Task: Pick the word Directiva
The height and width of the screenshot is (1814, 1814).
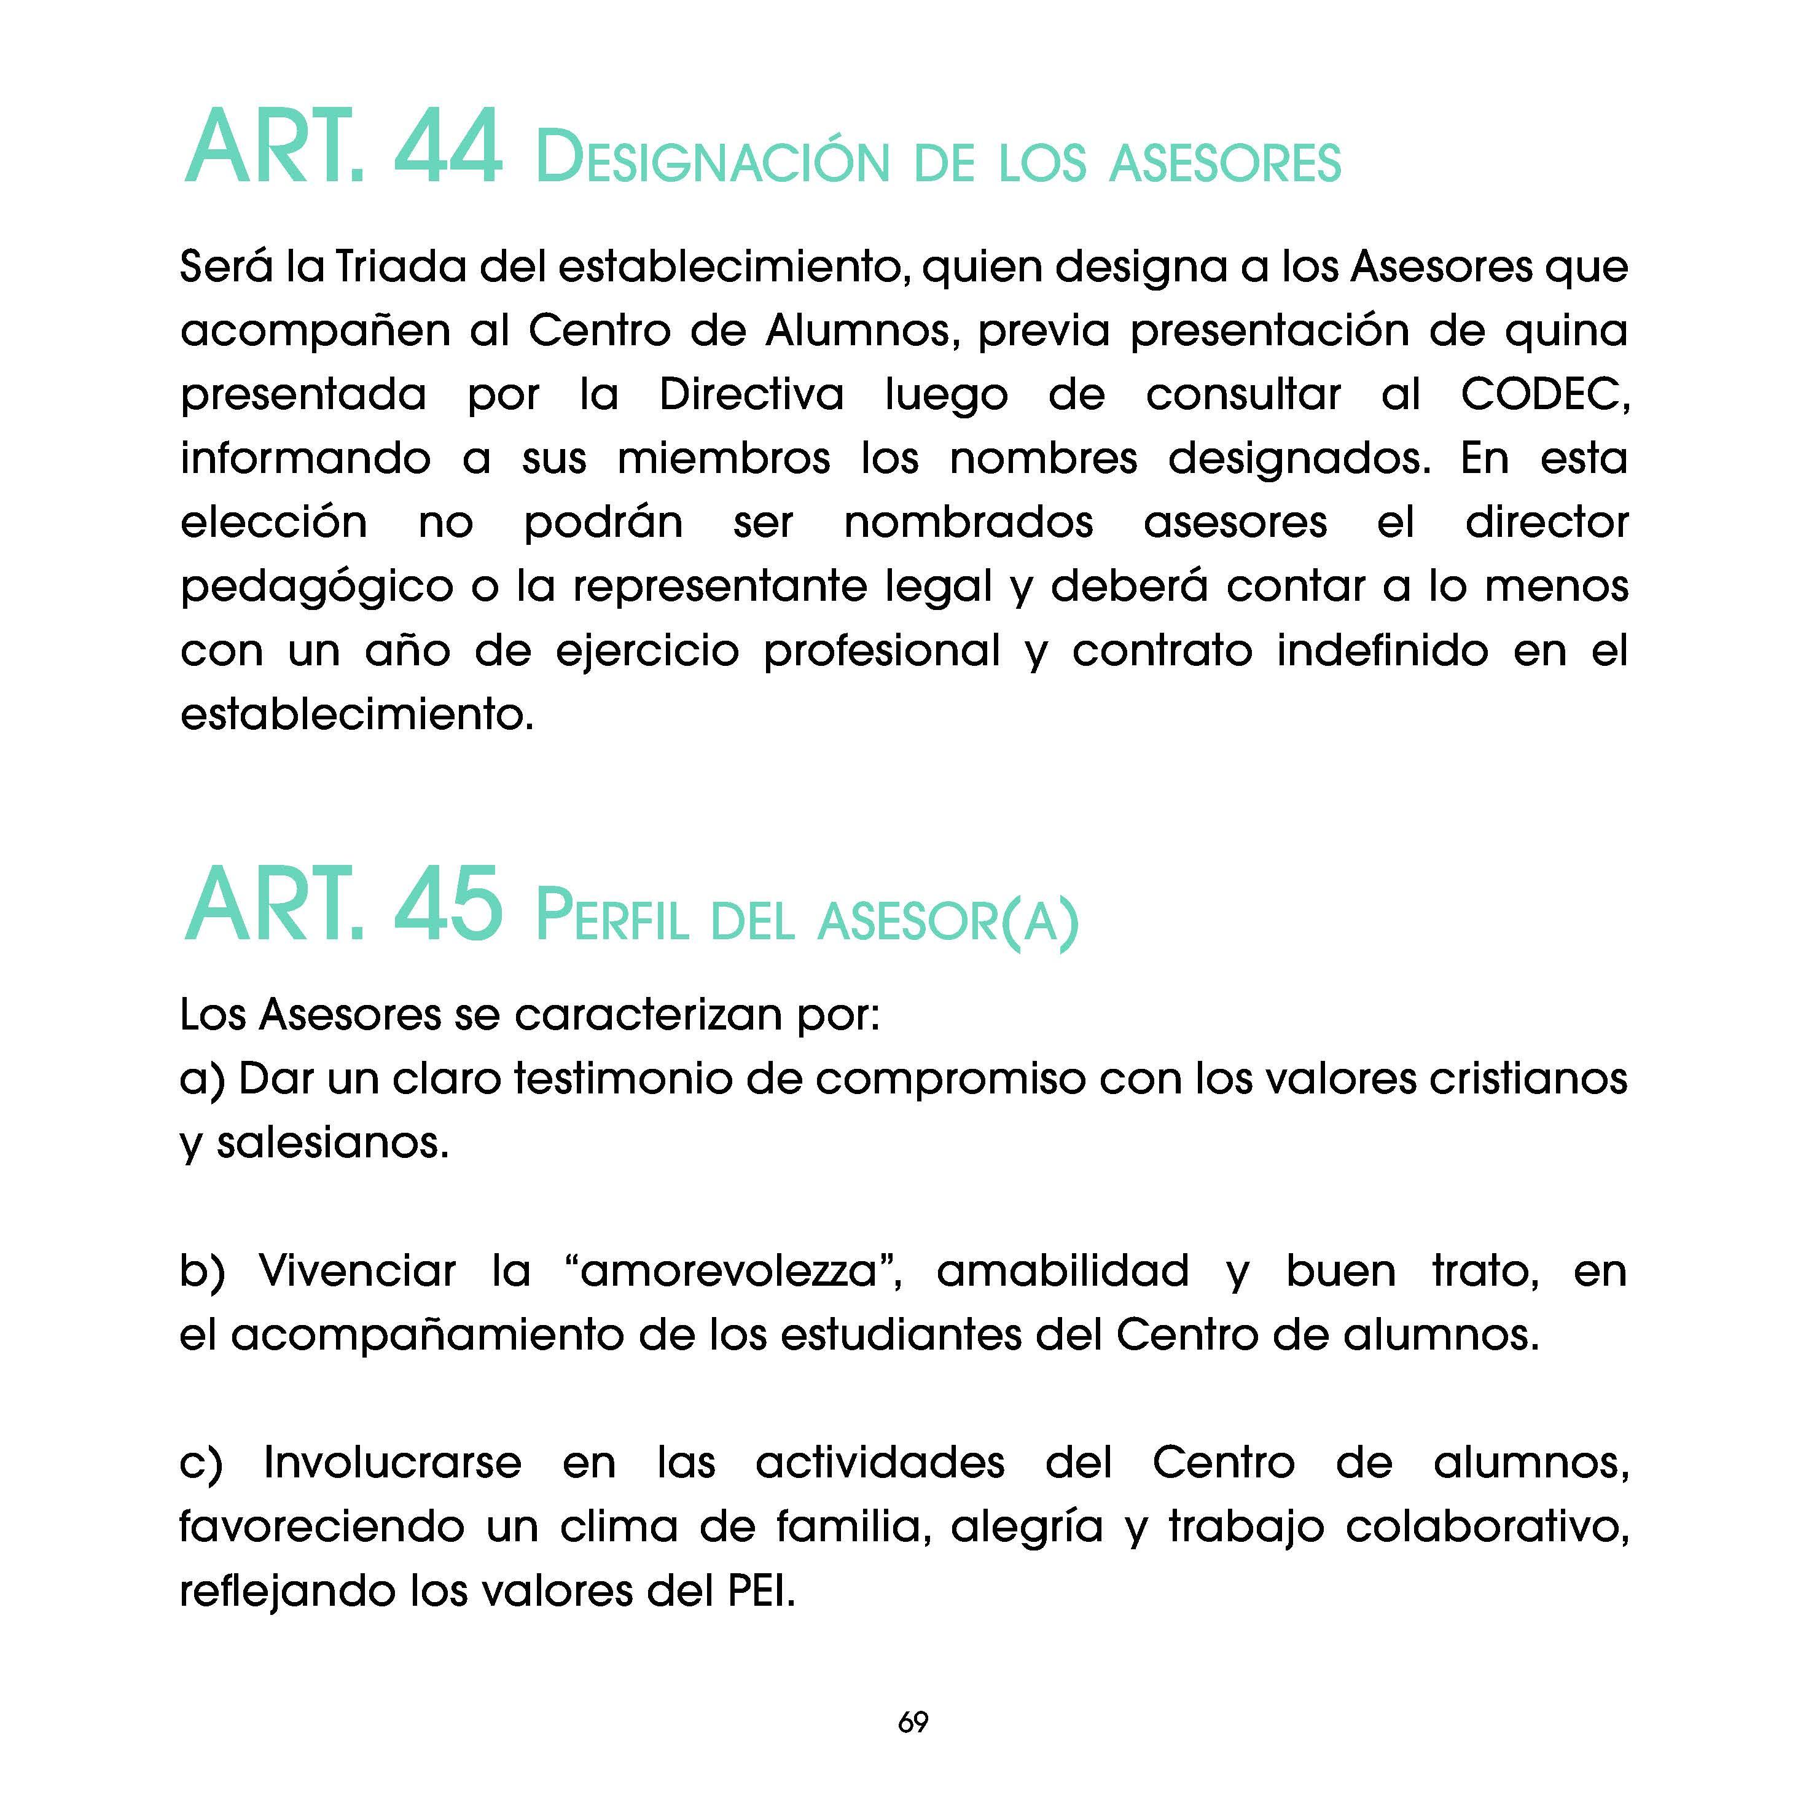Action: [x=751, y=394]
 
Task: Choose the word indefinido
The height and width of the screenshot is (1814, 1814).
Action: [x=1382, y=651]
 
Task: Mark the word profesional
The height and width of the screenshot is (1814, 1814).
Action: [x=882, y=651]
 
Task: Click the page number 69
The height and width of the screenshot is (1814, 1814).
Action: [x=913, y=1722]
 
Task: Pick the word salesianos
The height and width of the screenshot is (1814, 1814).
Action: [x=332, y=1143]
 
